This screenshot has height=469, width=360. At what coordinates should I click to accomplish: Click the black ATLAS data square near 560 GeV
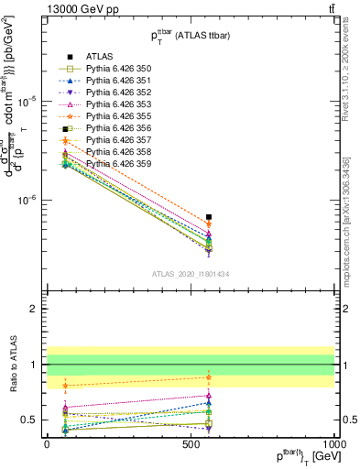209,217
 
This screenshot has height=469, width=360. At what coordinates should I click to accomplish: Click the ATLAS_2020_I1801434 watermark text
191,275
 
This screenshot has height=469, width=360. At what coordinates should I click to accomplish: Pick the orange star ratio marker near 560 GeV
209,377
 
